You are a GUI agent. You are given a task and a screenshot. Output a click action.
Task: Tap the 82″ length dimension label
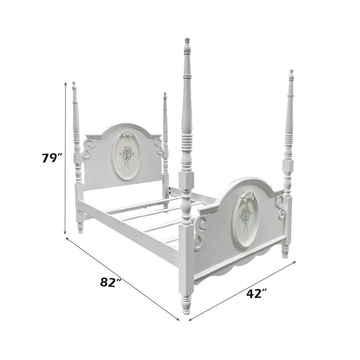click(111, 282)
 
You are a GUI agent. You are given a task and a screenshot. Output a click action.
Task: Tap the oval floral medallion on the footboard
click(246, 220)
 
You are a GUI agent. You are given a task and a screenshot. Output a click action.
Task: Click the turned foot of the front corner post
click(186, 303)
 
